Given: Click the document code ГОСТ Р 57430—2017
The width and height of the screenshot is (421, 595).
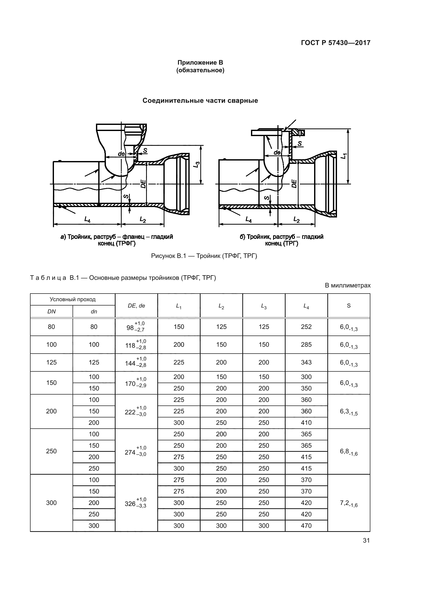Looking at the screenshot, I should coord(335,43).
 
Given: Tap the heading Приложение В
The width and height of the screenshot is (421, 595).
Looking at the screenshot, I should coord(200,63).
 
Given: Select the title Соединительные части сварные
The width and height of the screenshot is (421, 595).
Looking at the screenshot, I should coord(200,100).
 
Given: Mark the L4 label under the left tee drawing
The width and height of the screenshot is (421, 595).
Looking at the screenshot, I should coord(87,220).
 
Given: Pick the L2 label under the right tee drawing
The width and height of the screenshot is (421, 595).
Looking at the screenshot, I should coord(296,220).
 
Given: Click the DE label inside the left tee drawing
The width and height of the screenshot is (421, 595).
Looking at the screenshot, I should coord(143,184).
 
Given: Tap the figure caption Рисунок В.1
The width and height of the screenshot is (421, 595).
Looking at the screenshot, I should coord(204,256).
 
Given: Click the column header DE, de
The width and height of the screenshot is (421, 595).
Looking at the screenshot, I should coord(136,306).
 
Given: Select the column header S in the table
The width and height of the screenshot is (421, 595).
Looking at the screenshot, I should coord(349,306).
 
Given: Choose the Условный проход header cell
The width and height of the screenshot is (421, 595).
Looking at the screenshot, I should coord(73,300).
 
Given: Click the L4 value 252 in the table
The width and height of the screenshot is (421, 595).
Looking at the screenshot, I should coord(306,327).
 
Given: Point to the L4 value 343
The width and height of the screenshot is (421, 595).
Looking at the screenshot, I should coord(306,362).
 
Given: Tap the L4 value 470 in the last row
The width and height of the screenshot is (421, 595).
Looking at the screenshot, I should coord(306,526).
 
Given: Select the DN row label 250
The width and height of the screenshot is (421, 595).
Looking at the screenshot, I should coord(51,451).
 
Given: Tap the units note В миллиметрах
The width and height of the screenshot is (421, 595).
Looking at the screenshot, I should coord(348,286).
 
